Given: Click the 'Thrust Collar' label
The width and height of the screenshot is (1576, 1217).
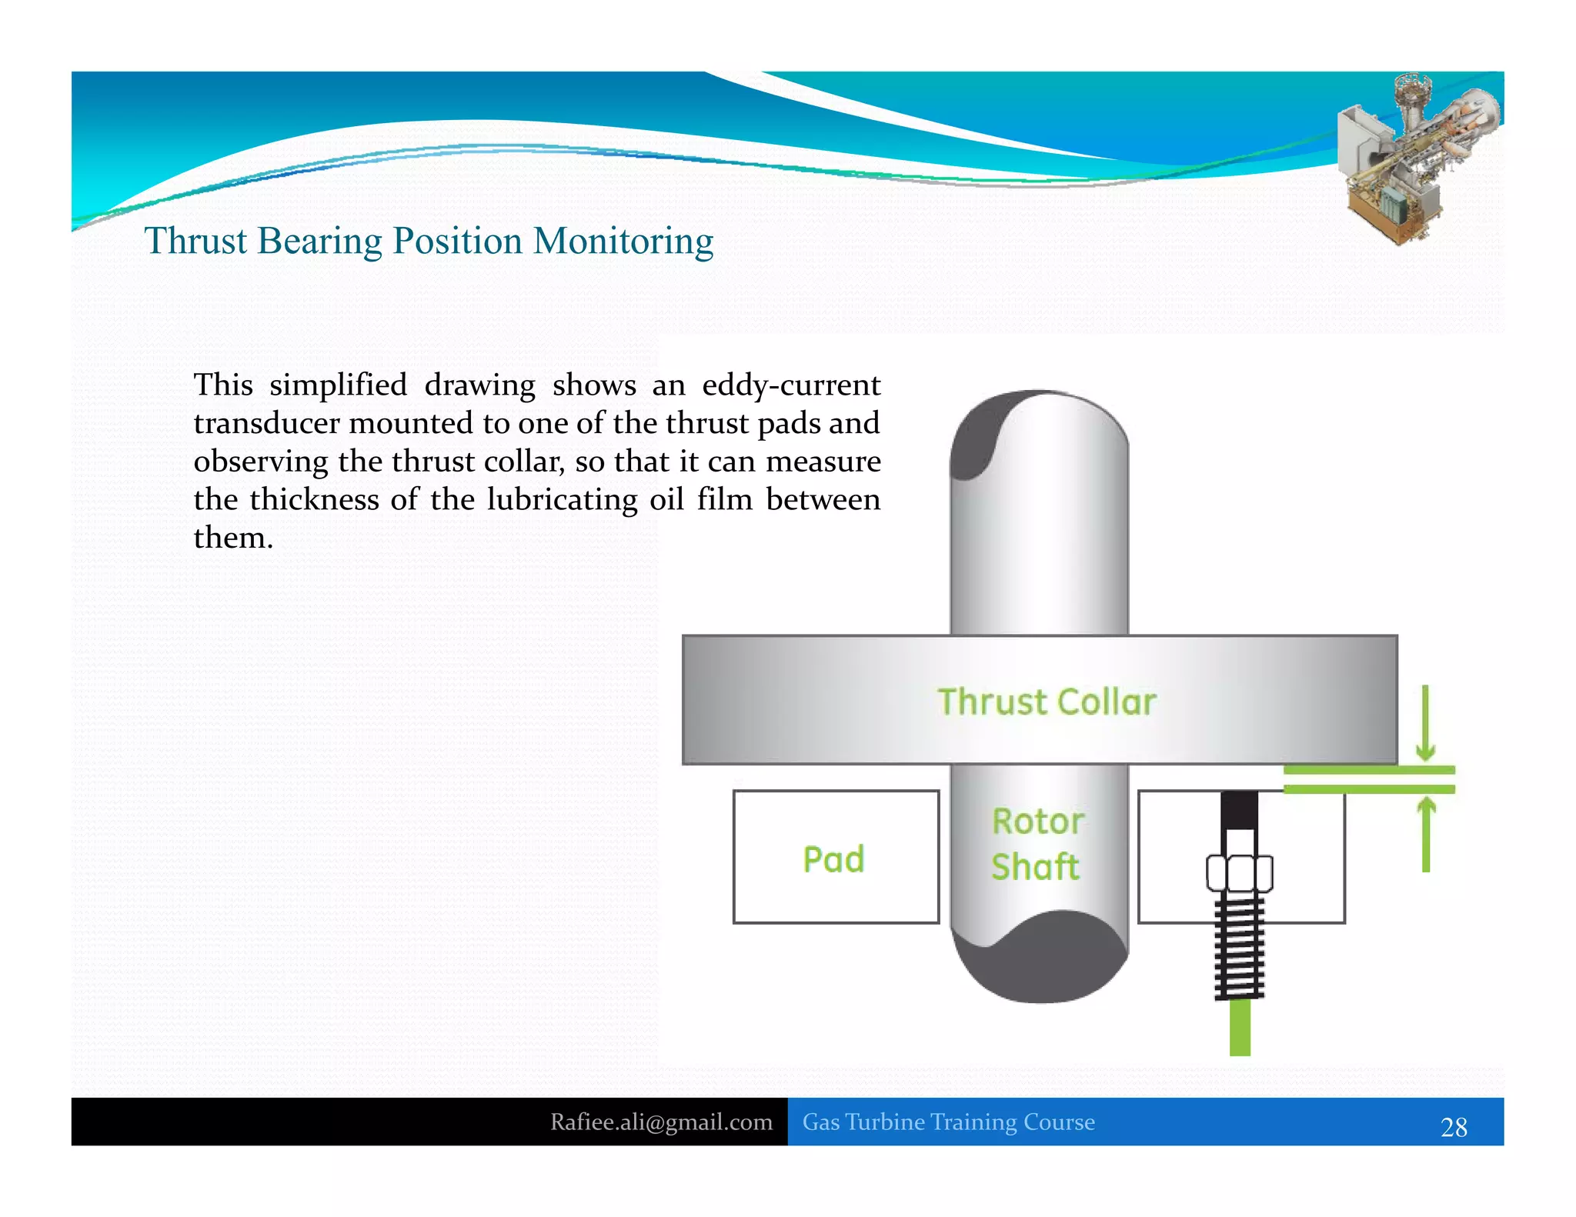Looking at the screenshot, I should pos(1047,702).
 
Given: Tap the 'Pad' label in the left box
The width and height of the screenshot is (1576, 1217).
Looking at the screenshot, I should pos(833,859).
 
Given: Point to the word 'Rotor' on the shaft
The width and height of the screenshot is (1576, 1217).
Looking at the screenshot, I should pos(1038,822).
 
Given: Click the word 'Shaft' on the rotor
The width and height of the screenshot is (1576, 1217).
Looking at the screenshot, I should pos(1036,867).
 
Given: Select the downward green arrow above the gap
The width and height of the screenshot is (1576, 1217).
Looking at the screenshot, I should pos(1425,723).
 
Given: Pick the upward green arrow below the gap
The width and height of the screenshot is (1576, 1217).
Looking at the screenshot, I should pos(1426,835).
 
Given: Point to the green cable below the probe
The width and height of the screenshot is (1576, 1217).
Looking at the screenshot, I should pos(1240,1028).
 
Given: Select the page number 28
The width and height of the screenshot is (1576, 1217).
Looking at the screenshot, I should pos(1454,1127).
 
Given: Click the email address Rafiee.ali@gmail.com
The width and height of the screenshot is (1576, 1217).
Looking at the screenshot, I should pos(661,1122).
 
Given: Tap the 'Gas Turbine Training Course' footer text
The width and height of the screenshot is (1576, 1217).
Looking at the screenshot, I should pos(948,1122).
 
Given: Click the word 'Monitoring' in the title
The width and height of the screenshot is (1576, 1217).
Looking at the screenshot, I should pos(623,242).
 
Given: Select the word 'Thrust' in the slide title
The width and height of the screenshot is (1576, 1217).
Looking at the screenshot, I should pos(195,241).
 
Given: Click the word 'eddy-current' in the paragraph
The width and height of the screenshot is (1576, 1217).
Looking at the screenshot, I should pos(791,385).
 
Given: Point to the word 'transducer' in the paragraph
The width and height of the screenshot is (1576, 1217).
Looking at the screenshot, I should pos(266,423).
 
